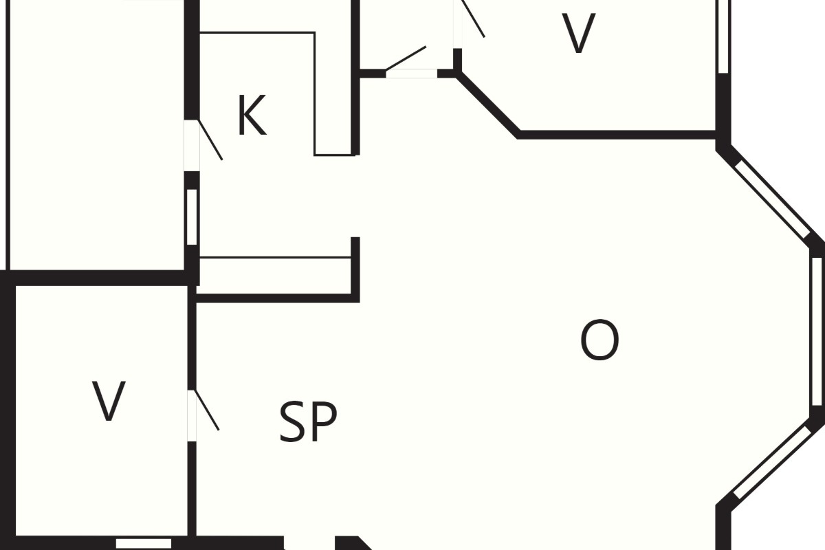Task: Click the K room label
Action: point(252,115)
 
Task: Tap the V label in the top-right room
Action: point(578,33)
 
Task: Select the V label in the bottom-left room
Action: point(109,401)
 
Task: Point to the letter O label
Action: point(599,340)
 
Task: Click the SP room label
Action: point(308,421)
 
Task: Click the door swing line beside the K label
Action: point(210,140)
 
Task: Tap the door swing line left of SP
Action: point(207,410)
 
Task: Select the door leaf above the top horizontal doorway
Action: point(406,58)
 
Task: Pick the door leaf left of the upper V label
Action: point(473,19)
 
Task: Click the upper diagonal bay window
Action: point(772,199)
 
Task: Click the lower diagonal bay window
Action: point(772,462)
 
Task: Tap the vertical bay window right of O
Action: point(817,331)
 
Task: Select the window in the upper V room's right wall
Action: point(723,36)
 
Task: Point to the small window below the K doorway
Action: point(192,217)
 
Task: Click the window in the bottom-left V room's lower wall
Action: point(144,543)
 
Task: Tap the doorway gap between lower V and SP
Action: point(192,415)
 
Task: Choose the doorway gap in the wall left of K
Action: point(192,146)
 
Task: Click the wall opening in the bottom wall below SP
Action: point(309,543)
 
